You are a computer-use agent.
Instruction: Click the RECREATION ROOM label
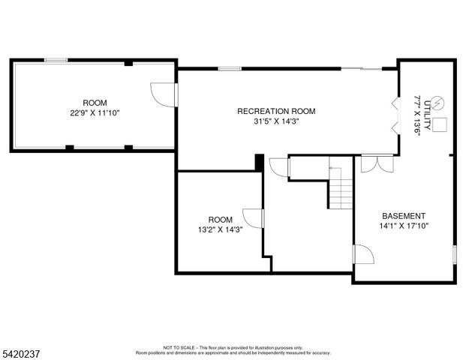(276, 111)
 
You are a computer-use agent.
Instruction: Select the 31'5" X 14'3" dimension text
(276, 121)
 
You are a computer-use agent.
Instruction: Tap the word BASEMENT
(404, 215)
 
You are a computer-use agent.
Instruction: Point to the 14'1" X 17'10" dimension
(404, 226)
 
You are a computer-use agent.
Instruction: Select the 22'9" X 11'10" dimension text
(95, 112)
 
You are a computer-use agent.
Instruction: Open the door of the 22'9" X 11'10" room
(164, 94)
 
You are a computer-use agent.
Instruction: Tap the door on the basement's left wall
(361, 255)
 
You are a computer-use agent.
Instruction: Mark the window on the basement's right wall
(454, 253)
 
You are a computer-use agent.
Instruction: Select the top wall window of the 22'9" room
(55, 60)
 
